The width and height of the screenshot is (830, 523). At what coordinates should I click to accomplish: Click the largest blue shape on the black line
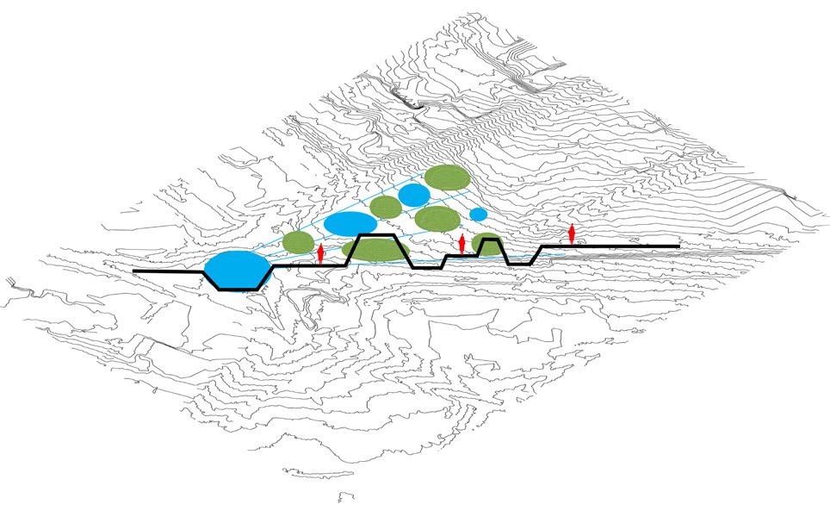click(x=233, y=269)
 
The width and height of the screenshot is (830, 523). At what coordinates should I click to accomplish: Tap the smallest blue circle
click(x=478, y=214)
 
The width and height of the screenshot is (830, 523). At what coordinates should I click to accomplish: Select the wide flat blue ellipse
click(x=350, y=224)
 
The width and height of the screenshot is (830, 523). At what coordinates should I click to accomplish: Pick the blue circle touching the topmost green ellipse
click(x=414, y=196)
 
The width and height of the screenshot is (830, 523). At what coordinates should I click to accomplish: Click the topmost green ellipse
click(x=447, y=177)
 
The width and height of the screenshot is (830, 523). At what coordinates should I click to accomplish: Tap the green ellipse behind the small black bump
click(x=487, y=243)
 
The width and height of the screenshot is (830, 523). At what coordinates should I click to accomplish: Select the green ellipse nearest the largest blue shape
click(x=298, y=243)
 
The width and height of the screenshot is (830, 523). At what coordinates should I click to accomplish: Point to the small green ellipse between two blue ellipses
click(x=386, y=206)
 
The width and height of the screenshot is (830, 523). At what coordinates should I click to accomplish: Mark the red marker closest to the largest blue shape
click(x=320, y=253)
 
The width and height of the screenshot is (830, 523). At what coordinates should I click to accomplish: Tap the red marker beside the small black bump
click(x=462, y=244)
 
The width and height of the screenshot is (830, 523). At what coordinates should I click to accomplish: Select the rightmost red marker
click(x=572, y=233)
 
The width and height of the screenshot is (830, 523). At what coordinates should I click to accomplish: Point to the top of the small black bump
click(x=490, y=241)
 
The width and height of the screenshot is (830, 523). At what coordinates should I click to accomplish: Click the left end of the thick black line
click(x=135, y=272)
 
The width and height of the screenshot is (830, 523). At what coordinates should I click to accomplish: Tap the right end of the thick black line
click(x=678, y=247)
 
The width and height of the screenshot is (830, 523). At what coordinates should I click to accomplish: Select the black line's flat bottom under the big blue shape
click(x=239, y=290)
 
